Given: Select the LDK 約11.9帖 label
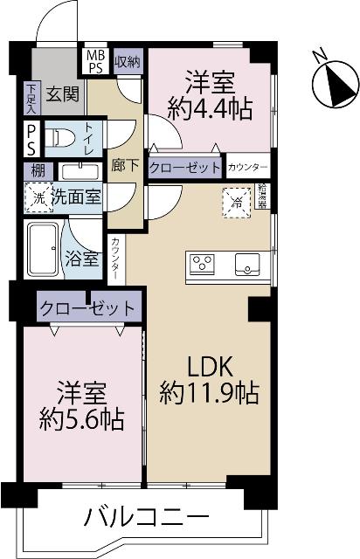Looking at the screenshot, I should click(x=209, y=379).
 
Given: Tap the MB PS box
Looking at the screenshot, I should click(x=94, y=60).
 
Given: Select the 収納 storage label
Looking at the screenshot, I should click(x=127, y=60).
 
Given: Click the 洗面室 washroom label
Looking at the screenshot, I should click(x=76, y=197).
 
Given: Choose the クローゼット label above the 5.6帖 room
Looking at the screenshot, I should click(x=87, y=308).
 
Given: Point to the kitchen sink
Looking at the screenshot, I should click(x=247, y=263).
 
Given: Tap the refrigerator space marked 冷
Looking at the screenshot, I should click(x=237, y=198).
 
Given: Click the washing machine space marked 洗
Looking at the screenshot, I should click(x=37, y=198).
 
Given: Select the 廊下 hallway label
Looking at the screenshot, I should click(x=121, y=163).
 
